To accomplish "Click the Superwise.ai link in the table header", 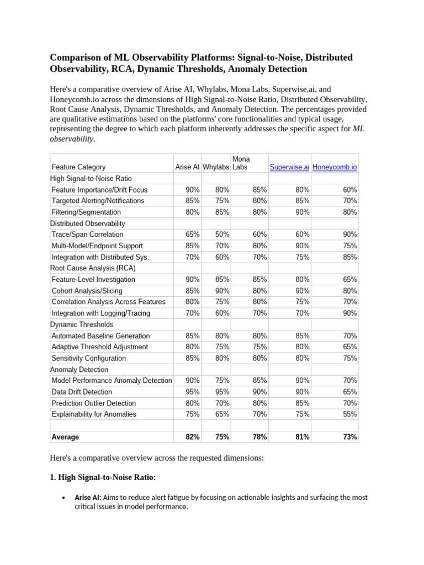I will (289, 167).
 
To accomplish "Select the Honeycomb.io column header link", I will (335, 167).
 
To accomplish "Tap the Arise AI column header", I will (187, 167).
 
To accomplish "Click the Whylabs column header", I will (216, 167).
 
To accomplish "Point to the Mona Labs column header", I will (241, 163).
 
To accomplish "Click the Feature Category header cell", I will (78, 167).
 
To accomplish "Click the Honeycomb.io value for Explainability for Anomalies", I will (349, 414).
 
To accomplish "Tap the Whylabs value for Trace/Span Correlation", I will (222, 234).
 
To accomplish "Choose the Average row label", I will (65, 437).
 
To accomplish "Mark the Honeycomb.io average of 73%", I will (349, 437).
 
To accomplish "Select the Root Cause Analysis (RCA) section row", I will (93, 268).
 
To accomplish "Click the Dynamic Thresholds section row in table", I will (82, 324).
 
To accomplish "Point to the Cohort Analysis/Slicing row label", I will (87, 291).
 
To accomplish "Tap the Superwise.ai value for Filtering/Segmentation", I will (302, 212).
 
